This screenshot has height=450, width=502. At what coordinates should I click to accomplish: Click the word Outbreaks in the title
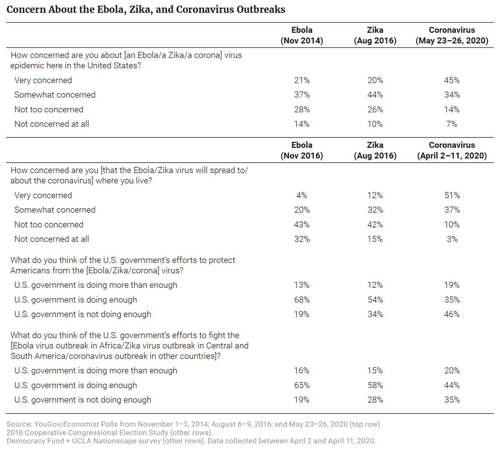pos(261,10)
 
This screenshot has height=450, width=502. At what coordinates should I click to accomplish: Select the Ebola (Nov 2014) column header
pos(302,35)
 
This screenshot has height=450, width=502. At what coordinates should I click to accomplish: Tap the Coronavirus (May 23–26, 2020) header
pos(452,35)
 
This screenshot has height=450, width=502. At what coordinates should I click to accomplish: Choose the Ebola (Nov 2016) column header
pos(302,150)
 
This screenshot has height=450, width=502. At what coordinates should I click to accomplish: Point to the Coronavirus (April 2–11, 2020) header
pos(452,150)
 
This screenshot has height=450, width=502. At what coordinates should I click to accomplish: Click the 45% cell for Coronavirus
pos(452,80)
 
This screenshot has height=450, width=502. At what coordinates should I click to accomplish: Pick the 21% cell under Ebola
pos(302,80)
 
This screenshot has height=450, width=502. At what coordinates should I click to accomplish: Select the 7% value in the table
pos(452,124)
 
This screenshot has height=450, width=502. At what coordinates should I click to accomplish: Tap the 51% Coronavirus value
pos(452,195)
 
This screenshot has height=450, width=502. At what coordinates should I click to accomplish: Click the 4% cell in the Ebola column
pos(302,195)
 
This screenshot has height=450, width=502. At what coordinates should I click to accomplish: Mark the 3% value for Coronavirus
pos(452,239)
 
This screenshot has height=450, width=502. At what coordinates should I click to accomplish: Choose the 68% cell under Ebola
pos(302,300)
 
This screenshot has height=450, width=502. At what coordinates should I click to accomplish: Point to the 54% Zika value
pos(375,300)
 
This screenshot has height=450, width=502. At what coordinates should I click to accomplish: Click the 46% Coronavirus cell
pos(452,314)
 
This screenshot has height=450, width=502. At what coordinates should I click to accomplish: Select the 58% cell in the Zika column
pos(375,385)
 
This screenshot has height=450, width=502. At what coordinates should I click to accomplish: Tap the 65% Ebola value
pos(302,385)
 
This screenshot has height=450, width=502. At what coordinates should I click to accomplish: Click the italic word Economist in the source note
pos(81,424)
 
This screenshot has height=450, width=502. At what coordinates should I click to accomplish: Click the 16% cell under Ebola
pos(302,370)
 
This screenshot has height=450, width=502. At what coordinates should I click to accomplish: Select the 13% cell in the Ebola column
pos(302,285)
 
